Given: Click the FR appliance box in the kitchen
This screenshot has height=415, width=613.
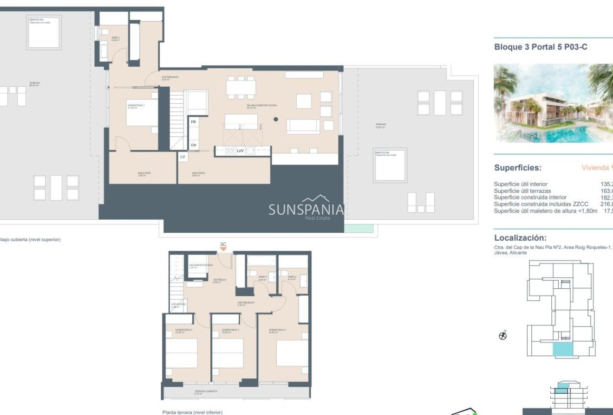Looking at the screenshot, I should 193,122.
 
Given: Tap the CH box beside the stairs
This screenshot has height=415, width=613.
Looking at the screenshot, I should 193,145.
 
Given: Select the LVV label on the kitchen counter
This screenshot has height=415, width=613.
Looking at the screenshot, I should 240,151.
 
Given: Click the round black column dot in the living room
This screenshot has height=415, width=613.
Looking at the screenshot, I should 276,119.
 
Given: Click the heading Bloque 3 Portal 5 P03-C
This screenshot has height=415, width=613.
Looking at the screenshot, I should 541,47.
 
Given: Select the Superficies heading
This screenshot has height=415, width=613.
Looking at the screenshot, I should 517,168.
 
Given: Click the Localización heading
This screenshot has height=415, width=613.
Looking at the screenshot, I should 520,237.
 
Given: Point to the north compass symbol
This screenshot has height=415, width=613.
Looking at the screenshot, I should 502,335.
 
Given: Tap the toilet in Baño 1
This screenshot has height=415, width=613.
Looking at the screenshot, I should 104,32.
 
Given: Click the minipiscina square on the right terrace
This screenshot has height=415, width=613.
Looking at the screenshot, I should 390,165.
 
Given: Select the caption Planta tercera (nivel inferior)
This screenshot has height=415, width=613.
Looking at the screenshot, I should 192,412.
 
